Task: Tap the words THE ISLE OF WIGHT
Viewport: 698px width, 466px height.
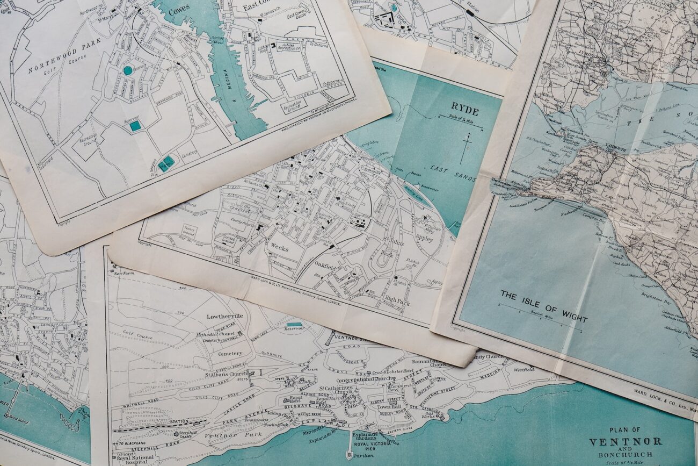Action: coord(543,306)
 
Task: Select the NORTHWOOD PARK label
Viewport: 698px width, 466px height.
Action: coord(64,55)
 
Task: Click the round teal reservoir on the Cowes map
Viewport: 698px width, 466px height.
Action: coord(127,70)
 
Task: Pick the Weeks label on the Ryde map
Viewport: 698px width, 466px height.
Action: coord(279,248)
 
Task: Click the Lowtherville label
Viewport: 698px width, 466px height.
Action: coord(224,316)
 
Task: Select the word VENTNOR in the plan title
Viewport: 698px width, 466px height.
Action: coord(625,442)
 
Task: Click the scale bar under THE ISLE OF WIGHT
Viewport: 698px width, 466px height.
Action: coord(540,318)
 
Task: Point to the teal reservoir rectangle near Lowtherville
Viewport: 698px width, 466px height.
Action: coord(294,325)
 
